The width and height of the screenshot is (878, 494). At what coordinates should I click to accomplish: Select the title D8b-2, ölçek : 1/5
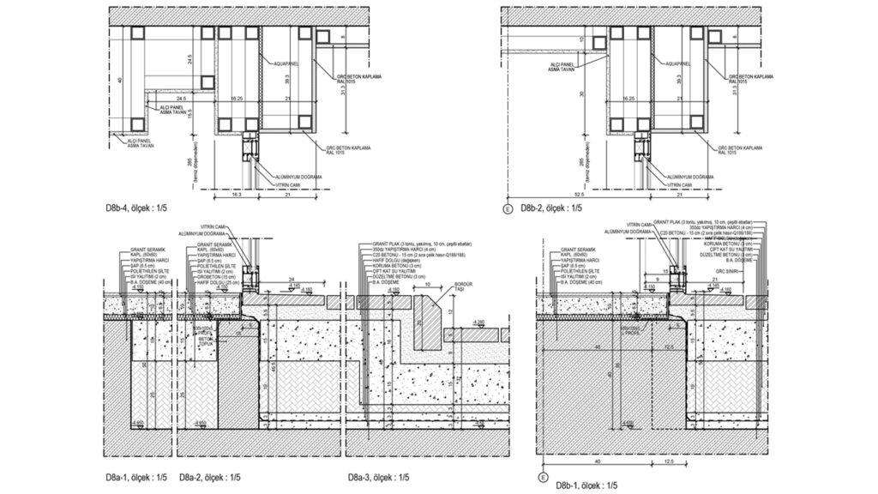(547, 208)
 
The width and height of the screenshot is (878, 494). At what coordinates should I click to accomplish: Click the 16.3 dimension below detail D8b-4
(238, 196)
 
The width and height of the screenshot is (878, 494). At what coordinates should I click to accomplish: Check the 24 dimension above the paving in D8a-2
(292, 280)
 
